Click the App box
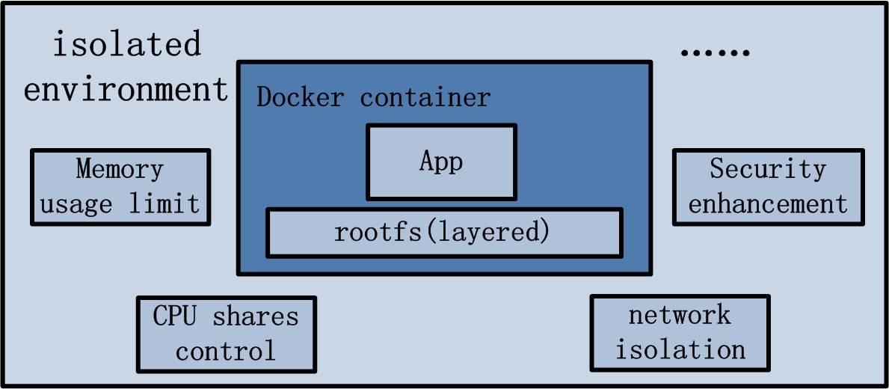tap(441, 162)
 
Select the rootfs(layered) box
tap(444, 232)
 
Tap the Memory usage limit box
tap(120, 186)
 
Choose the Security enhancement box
tap(768, 186)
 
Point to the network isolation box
tap(680, 332)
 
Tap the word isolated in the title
tap(126, 45)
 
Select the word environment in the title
tap(126, 89)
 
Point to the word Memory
tap(120, 169)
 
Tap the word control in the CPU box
tap(226, 350)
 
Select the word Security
tap(768, 169)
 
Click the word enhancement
tap(768, 203)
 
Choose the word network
tap(680, 315)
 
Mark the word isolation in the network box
tap(680, 349)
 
